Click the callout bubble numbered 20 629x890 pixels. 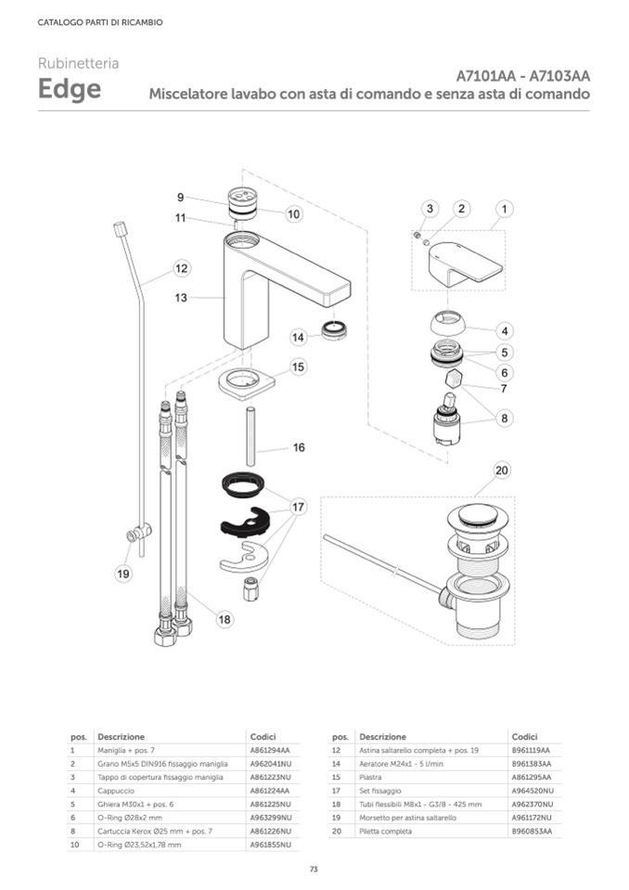pyautogui.click(x=502, y=471)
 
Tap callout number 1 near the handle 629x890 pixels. pyautogui.click(x=503, y=209)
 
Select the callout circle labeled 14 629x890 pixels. pyautogui.click(x=299, y=337)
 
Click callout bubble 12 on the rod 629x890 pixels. pyautogui.click(x=182, y=268)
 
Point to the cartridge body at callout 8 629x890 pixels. pyautogui.click(x=448, y=427)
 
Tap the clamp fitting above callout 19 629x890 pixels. pyautogui.click(x=139, y=535)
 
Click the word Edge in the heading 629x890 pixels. pyautogui.click(x=70, y=90)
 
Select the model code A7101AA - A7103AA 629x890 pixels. pyautogui.click(x=523, y=75)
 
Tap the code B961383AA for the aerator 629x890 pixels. pyautogui.click(x=531, y=763)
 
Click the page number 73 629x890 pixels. pyautogui.click(x=314, y=869)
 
